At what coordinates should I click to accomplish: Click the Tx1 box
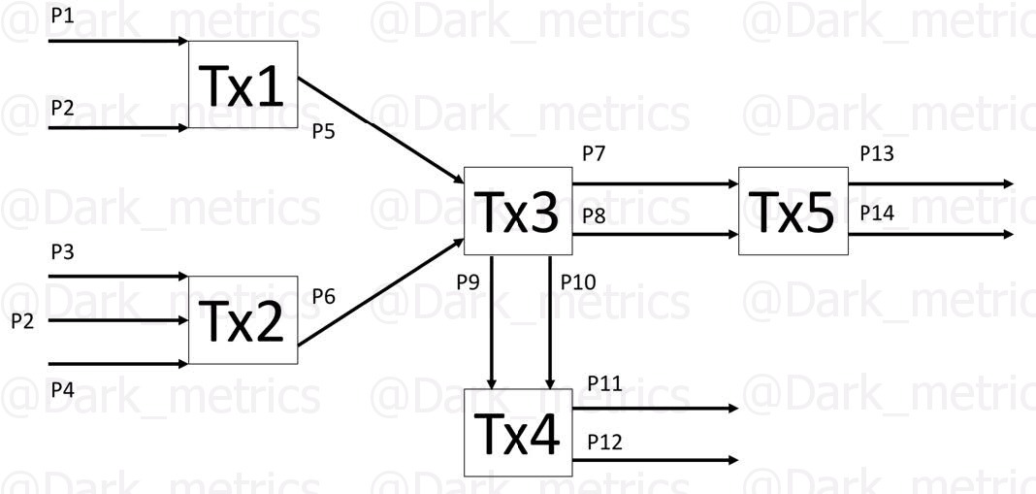243,85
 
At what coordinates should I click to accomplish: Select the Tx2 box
243,320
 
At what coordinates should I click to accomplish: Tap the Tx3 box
516,211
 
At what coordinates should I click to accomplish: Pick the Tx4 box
516,433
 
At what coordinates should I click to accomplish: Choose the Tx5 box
793,211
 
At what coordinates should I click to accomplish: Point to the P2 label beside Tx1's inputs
62,108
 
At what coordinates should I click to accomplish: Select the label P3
62,252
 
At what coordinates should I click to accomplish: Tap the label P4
62,390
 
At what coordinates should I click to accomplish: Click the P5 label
324,132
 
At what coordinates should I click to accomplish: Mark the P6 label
324,296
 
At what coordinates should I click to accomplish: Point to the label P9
469,282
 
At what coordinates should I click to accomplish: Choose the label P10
579,282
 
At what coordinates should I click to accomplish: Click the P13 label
877,153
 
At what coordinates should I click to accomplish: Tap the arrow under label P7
654,183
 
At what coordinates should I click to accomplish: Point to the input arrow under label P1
116,42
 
